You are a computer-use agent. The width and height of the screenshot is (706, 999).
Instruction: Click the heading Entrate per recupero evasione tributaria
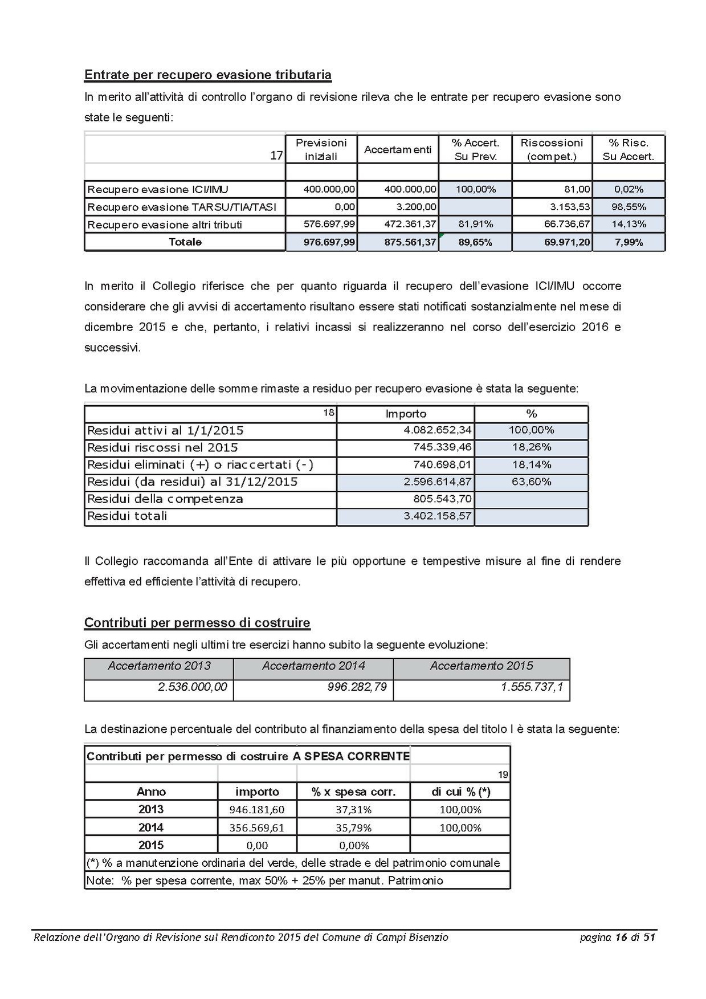pos(207,75)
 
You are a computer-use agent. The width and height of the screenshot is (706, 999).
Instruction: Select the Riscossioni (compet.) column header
pos(552,149)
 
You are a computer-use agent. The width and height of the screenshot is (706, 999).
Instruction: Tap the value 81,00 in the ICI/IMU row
pos(577,189)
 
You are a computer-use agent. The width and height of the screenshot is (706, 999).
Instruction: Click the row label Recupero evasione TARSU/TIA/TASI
pos(185,207)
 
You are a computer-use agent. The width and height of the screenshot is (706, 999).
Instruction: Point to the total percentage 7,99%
pos(629,242)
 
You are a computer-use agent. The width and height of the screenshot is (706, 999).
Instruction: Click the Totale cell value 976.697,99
pos(329,242)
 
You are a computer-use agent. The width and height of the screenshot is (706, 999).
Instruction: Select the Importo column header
pos(406,414)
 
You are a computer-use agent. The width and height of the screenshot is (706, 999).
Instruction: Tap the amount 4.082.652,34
pos(438,430)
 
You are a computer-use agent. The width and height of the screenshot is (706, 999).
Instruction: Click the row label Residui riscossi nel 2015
pos(162,448)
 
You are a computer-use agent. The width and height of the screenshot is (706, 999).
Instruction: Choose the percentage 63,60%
pos(531,482)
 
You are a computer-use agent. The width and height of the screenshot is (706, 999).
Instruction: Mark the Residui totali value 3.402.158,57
pos(438,516)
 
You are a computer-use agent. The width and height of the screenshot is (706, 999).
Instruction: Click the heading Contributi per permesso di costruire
pos(197,622)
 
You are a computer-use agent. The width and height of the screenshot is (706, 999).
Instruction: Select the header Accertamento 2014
pos(313,666)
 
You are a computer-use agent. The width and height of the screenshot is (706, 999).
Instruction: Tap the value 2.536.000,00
pos(192,687)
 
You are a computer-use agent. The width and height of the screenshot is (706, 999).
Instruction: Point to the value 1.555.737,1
pos(532,687)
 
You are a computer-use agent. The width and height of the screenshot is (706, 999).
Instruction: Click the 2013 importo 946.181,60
pos(256,809)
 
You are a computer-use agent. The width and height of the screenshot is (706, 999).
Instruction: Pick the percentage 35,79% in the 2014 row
pos(353,827)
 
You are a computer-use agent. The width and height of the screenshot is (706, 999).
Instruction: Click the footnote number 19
pos(503,774)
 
